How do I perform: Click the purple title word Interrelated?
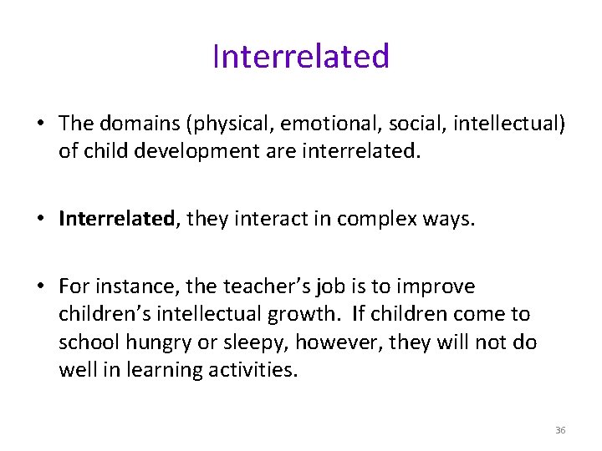[x=301, y=57]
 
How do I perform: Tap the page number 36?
[x=560, y=430]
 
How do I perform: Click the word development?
[x=201, y=153]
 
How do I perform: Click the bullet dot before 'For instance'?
[x=39, y=287]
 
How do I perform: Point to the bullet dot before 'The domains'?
[x=39, y=124]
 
